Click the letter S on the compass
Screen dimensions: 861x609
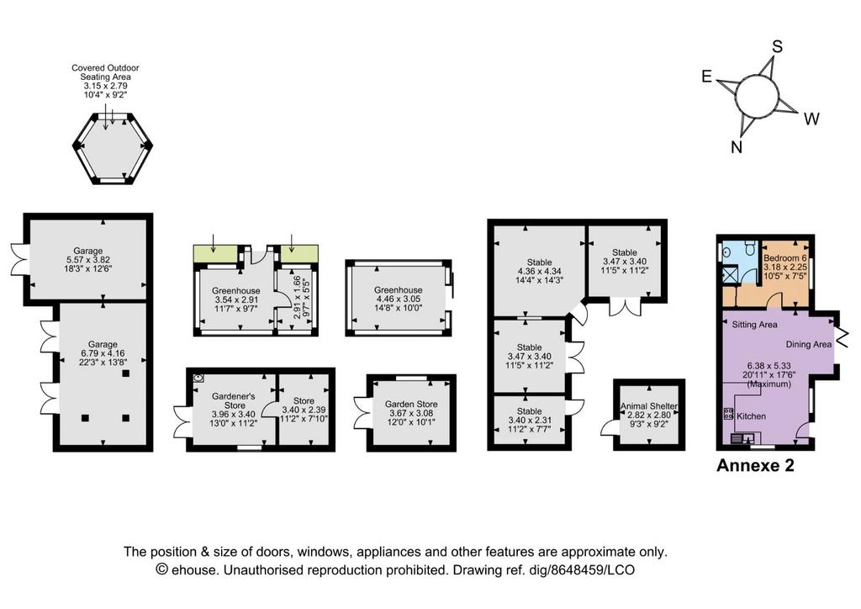(777, 47)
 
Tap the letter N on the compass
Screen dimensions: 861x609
(737, 147)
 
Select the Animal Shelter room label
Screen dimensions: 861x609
(648, 405)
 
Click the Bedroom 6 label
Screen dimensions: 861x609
(785, 257)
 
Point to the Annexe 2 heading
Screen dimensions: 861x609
(755, 465)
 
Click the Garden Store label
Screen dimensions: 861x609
(411, 404)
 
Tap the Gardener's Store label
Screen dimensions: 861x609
(234, 401)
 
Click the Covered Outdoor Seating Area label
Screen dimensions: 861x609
(105, 72)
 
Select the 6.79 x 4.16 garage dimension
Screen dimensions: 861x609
(102, 353)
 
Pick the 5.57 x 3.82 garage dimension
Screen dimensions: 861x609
(87, 260)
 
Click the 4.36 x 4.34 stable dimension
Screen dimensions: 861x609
(539, 272)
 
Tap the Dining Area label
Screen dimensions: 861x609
(808, 344)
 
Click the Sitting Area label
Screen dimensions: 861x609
(754, 325)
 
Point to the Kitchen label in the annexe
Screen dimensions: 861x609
(751, 416)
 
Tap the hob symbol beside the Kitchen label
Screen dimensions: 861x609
(729, 414)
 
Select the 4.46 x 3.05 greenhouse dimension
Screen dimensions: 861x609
(398, 299)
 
